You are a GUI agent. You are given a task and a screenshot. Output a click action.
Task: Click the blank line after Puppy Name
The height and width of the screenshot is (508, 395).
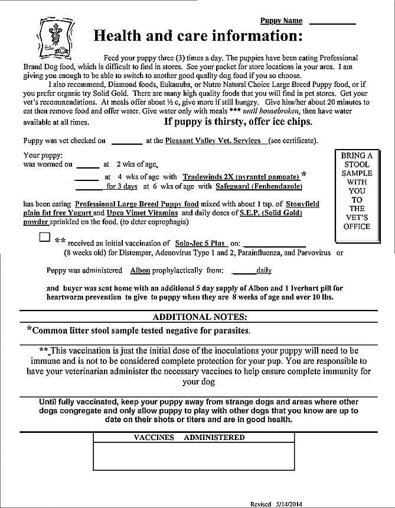(x=332, y=21)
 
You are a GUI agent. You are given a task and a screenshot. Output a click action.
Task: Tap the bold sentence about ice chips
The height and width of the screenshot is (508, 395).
(x=238, y=122)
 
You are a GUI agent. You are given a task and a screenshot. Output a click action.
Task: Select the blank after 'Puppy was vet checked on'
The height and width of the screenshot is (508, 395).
(x=126, y=141)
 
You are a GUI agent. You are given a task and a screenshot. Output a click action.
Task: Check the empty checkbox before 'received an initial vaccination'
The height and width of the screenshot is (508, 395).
(x=44, y=237)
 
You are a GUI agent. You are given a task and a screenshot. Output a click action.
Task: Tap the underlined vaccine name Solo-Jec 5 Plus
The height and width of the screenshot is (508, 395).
(x=200, y=243)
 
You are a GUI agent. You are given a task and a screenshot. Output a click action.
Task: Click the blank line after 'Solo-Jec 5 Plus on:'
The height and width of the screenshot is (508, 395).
(x=274, y=243)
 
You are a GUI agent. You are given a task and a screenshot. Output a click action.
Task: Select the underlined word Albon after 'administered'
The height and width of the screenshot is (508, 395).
(x=139, y=270)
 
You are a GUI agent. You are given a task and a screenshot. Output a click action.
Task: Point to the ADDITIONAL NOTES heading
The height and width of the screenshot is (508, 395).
(x=200, y=317)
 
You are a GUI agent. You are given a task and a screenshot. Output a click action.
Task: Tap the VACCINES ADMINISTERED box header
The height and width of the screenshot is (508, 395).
(x=189, y=438)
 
